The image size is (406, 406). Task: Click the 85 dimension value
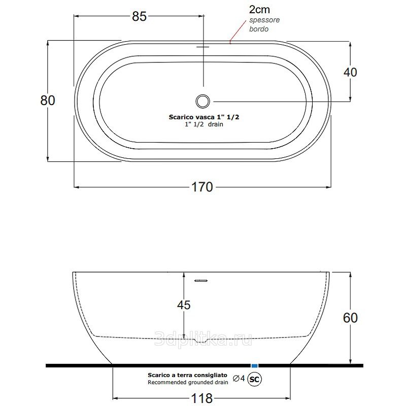pyautogui.click(x=139, y=17)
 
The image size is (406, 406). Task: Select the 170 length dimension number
pyautogui.click(x=202, y=187)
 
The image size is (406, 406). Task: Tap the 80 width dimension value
pyautogui.click(x=48, y=100)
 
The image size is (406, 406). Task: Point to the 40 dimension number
pyautogui.click(x=350, y=72)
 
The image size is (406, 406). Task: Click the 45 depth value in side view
pyautogui.click(x=184, y=305)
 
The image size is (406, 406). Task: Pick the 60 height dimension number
pyautogui.click(x=350, y=318)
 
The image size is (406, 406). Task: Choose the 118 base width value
pyautogui.click(x=201, y=398)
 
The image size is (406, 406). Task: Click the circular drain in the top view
pyautogui.click(x=202, y=101)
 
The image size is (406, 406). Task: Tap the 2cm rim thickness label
pyautogui.click(x=259, y=10)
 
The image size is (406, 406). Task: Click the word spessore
pyautogui.click(x=264, y=20)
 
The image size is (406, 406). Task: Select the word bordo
pyautogui.click(x=259, y=29)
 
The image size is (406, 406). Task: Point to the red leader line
pyautogui.click(x=238, y=31)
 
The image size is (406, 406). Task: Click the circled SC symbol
pyautogui.click(x=255, y=379)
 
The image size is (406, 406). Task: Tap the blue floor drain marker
pyautogui.click(x=255, y=365)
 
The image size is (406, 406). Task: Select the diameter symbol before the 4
pyautogui.click(x=236, y=379)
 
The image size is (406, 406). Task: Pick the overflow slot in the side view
pyautogui.click(x=201, y=281)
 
